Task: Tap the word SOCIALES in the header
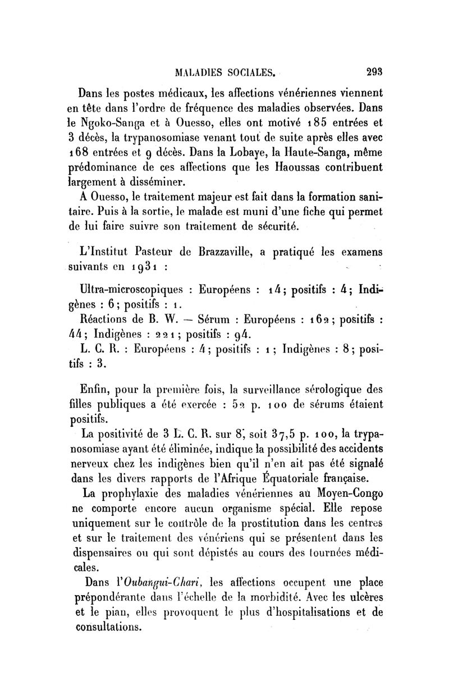click(x=251, y=72)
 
